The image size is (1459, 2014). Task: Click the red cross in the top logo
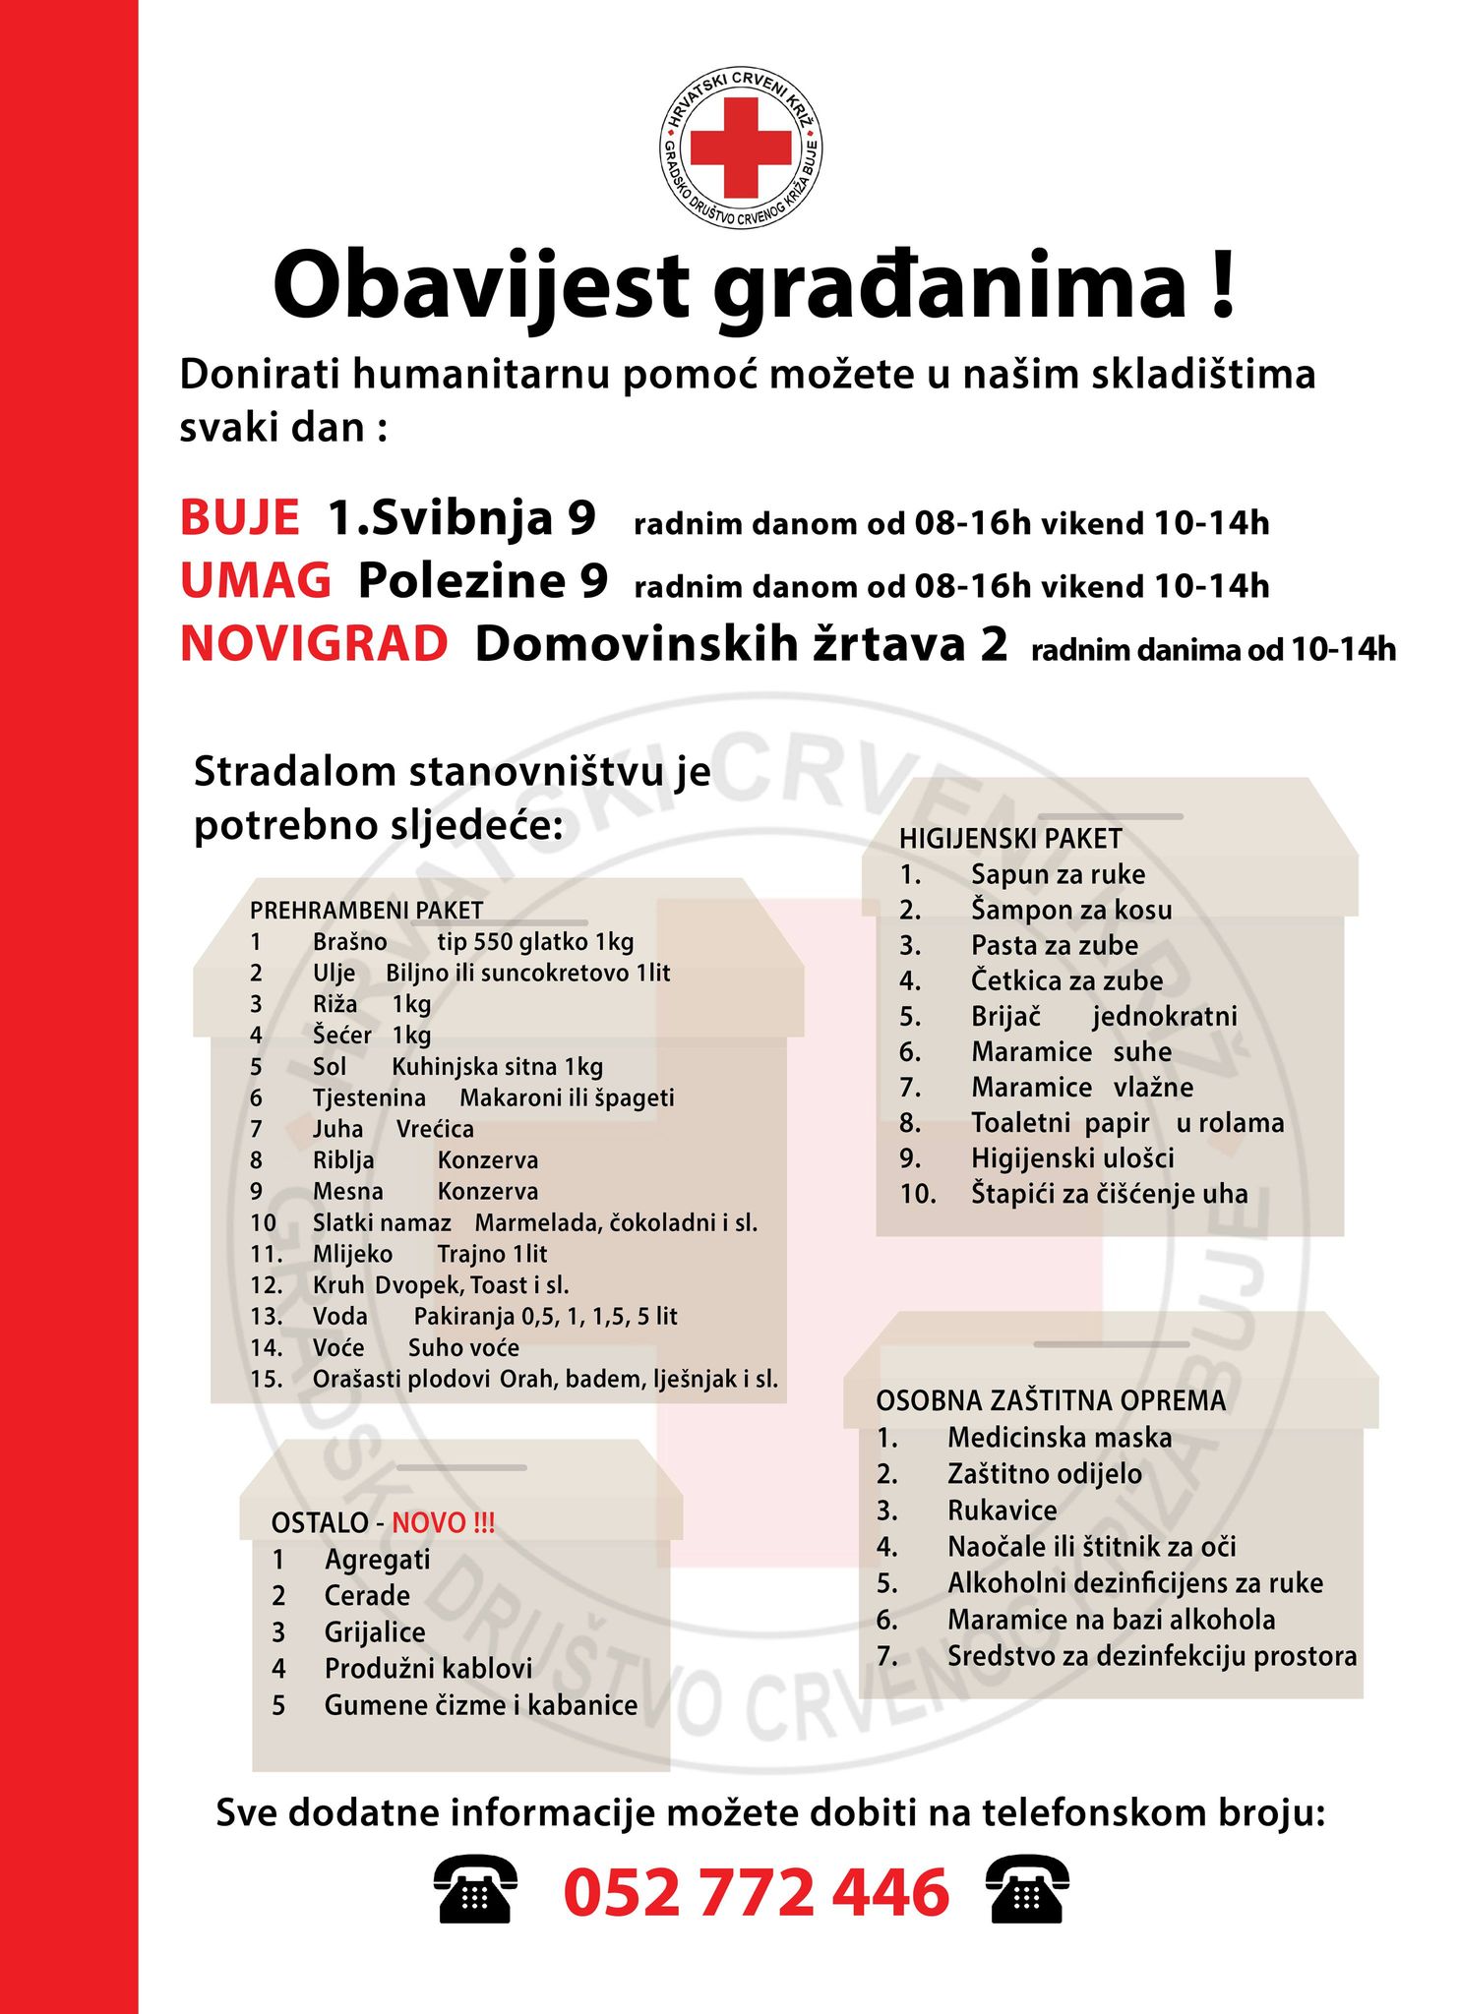(x=740, y=148)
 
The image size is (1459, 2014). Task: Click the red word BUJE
(x=239, y=518)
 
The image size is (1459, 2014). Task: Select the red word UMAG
(x=256, y=581)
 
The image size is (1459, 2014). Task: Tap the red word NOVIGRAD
(x=314, y=645)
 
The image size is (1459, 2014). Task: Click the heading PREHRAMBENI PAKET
(x=366, y=911)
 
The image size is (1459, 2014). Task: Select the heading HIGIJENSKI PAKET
(x=1010, y=839)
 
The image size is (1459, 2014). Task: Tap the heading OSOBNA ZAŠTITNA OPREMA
(x=1051, y=1400)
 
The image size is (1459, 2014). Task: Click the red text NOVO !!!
(x=444, y=1523)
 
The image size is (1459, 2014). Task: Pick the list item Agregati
(x=377, y=1560)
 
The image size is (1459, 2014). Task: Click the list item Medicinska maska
(x=1060, y=1438)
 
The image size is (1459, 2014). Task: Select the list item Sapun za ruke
(x=1058, y=874)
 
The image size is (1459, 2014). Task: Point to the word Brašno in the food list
(x=349, y=942)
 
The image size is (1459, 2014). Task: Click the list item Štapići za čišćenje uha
(x=1109, y=1194)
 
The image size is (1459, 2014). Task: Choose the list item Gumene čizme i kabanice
(x=481, y=1705)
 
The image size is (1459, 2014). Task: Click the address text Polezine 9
(x=483, y=581)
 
